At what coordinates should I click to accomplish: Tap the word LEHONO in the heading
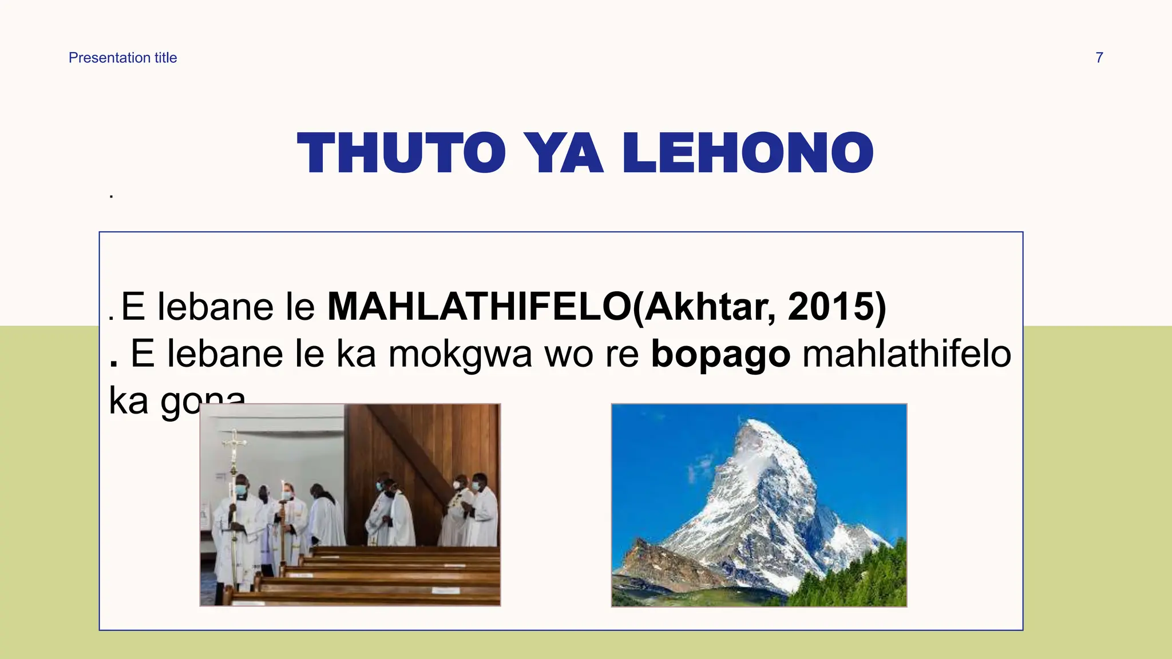(x=748, y=153)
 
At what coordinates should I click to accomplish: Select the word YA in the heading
(x=564, y=153)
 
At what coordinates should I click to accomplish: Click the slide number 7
(x=1099, y=58)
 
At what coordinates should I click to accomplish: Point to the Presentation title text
(x=122, y=58)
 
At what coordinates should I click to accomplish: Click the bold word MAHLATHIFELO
(x=480, y=307)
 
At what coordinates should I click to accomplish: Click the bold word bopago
(x=720, y=354)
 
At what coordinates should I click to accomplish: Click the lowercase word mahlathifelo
(x=906, y=354)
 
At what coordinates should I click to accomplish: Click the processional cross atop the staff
(x=234, y=443)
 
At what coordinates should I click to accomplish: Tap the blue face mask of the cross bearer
(x=241, y=490)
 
